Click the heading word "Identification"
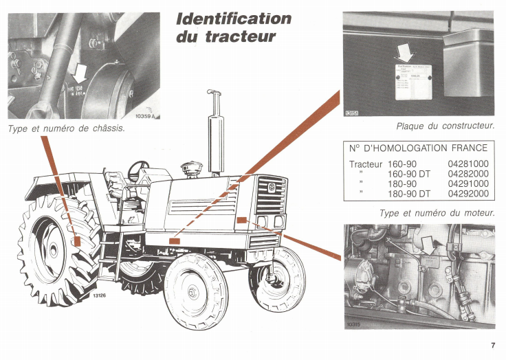click(234, 19)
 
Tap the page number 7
click(493, 346)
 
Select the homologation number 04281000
click(467, 164)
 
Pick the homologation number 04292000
click(467, 194)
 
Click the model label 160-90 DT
click(409, 174)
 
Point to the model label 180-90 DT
click(409, 194)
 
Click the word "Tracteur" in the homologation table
click(366, 164)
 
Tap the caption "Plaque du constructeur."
click(445, 126)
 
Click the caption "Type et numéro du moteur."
click(437, 213)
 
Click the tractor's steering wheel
click(139, 166)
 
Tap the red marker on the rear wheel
click(78, 242)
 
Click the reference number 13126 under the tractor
click(100, 296)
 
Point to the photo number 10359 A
click(146, 117)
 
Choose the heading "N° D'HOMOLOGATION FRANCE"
click(418, 148)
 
